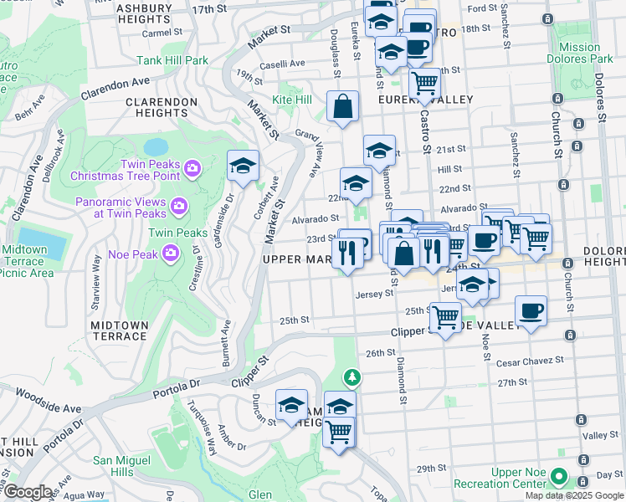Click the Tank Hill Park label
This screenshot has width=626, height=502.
pyautogui.click(x=172, y=60)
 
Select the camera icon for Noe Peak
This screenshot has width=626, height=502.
pyautogui.click(x=172, y=252)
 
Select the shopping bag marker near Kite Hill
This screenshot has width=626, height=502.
pyautogui.click(x=343, y=107)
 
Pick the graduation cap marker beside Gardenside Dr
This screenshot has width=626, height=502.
pyautogui.click(x=243, y=166)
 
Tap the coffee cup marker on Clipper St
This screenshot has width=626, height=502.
pyautogui.click(x=531, y=311)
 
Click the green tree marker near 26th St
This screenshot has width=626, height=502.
pyautogui.click(x=353, y=377)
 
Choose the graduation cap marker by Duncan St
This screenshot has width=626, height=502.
pyautogui.click(x=291, y=406)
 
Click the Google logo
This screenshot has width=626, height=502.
pyautogui.click(x=28, y=492)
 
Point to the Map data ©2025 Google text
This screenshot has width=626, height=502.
pyautogui.click(x=574, y=495)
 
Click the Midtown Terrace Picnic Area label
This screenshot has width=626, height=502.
pyautogui.click(x=29, y=261)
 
